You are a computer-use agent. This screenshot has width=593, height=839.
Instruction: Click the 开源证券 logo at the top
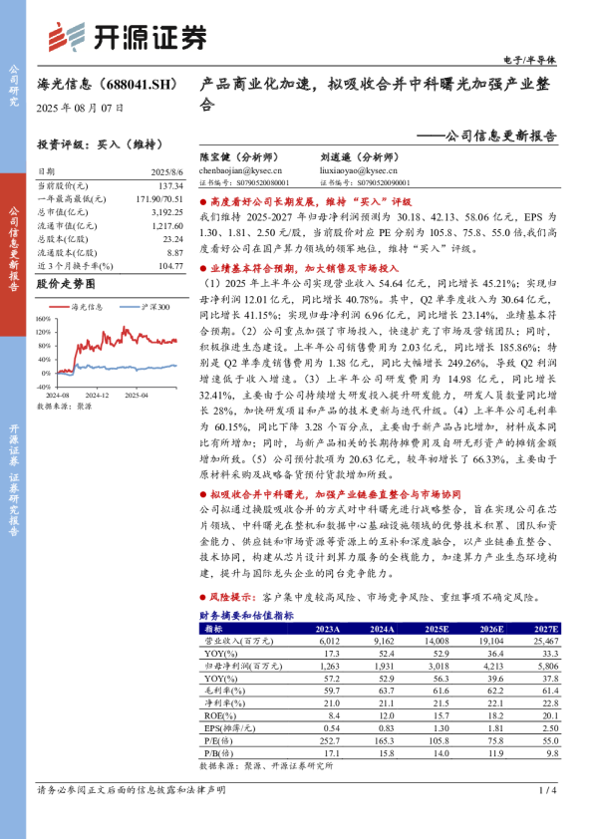pyautogui.click(x=129, y=37)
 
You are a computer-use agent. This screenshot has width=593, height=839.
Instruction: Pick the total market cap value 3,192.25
pyautogui.click(x=166, y=213)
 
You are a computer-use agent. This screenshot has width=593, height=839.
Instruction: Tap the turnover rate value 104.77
pyautogui.click(x=170, y=266)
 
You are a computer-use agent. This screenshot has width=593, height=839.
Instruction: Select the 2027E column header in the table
pyautogui.click(x=545, y=630)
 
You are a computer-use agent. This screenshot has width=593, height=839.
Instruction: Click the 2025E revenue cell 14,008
pyautogui.click(x=437, y=643)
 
